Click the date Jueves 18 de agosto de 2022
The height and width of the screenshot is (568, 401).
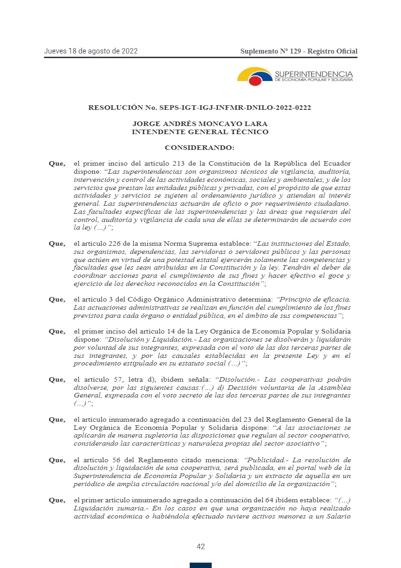click(x=91, y=51)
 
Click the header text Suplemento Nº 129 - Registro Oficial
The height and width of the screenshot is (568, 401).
click(x=299, y=51)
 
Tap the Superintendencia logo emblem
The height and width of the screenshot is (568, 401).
click(x=255, y=77)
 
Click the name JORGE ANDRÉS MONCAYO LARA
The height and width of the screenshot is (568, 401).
click(x=200, y=124)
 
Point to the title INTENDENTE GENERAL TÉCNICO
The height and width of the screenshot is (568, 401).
click(x=200, y=132)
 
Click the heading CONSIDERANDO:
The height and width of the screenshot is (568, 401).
click(x=200, y=148)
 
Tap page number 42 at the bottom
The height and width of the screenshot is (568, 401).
click(x=201, y=546)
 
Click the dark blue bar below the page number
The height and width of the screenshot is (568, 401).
click(x=200, y=565)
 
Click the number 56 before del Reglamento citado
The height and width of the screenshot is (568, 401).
click(x=114, y=460)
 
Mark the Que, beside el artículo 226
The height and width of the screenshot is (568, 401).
click(x=57, y=243)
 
